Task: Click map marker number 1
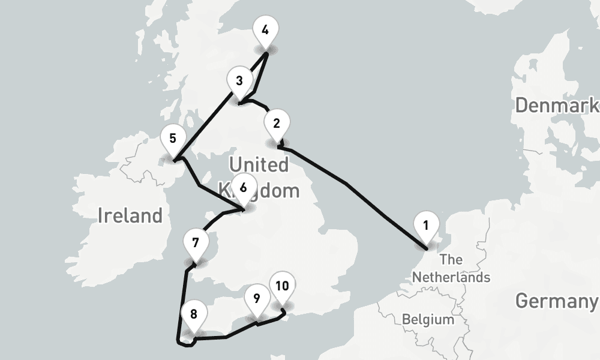tap(425, 226)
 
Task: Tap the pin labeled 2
tap(276, 124)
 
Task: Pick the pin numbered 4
tap(265, 29)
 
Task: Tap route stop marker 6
tap(243, 187)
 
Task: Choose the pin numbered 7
tap(195, 243)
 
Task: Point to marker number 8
tap(193, 314)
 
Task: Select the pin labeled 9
tap(256, 298)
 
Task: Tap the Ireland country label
tap(130, 215)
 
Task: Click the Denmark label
tap(557, 106)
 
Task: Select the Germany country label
tap(557, 301)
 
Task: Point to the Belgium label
tap(428, 319)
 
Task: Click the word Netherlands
tap(451, 278)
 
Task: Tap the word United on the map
tap(259, 164)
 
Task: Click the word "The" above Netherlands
tap(451, 260)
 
